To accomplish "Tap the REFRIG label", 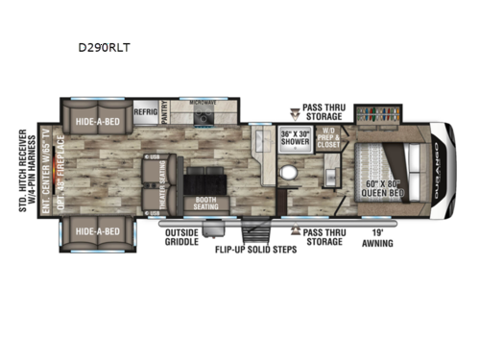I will pyautogui.click(x=146, y=111).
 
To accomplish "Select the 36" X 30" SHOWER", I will pyautogui.click(x=294, y=138).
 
